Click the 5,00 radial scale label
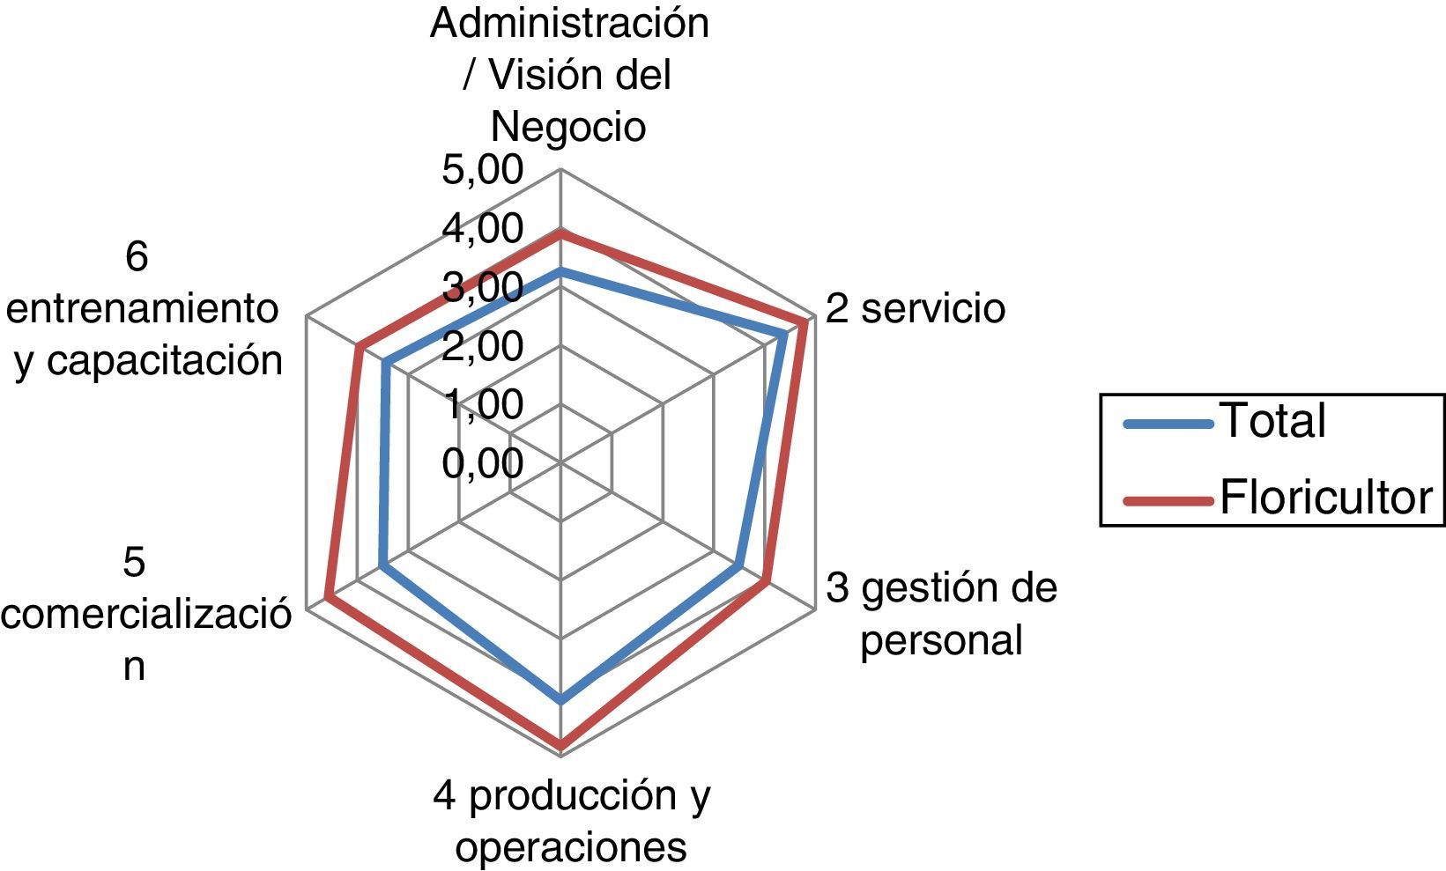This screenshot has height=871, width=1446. [482, 170]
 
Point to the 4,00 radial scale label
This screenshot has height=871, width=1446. [482, 229]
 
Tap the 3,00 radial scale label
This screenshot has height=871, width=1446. [482, 288]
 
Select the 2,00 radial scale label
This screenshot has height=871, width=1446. [482, 346]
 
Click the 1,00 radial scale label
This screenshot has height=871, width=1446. [482, 405]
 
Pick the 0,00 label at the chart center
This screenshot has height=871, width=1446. [482, 463]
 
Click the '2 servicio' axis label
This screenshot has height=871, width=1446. [916, 309]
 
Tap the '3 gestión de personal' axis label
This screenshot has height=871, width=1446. [941, 614]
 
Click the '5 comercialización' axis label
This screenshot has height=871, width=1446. [141, 614]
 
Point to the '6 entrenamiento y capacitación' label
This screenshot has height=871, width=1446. [145, 309]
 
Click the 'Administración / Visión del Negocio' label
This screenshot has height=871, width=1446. [569, 75]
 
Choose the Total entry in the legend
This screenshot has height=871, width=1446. [1272, 421]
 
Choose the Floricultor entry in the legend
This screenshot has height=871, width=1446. [1324, 498]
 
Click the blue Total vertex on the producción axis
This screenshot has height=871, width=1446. [561, 700]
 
